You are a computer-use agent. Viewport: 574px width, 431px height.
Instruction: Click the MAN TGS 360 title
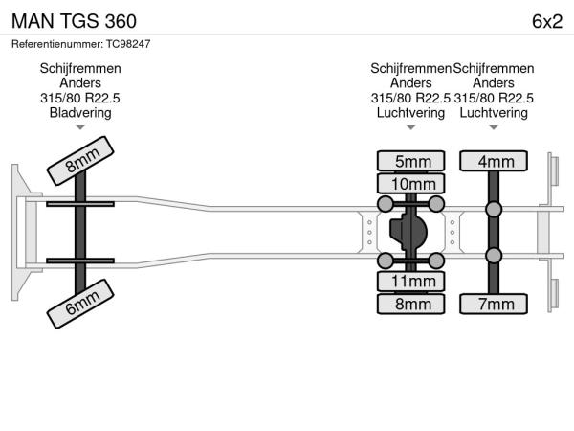point(73,21)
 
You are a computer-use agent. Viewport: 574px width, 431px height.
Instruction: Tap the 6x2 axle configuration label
point(546,21)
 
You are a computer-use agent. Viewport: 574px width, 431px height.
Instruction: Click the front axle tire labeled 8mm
point(81,163)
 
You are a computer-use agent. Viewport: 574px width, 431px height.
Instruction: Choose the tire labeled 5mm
point(411,161)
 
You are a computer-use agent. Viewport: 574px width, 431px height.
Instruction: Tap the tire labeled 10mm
point(411,183)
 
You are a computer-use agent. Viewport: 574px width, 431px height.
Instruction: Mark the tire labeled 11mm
point(411,282)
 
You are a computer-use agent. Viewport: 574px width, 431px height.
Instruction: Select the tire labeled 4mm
point(494,161)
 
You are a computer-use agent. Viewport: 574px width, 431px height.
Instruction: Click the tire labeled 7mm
point(494,304)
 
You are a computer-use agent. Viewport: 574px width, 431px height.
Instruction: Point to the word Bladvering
point(80,113)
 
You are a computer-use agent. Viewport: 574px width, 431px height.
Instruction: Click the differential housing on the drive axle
point(409,232)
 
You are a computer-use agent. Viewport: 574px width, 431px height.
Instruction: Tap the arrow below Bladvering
point(80,126)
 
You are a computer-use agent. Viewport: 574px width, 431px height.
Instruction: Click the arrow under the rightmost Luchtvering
point(494,126)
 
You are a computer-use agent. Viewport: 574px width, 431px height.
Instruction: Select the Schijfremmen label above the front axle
point(80,69)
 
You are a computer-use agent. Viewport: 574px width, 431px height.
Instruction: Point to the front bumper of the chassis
point(18,232)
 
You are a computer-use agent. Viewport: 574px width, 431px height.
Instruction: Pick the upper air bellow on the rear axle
point(494,209)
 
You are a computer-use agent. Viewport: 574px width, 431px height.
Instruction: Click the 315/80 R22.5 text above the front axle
point(80,98)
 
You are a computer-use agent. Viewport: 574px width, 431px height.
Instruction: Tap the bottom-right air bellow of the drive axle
point(436,261)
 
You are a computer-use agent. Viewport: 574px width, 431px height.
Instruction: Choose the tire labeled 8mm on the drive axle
point(411,304)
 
